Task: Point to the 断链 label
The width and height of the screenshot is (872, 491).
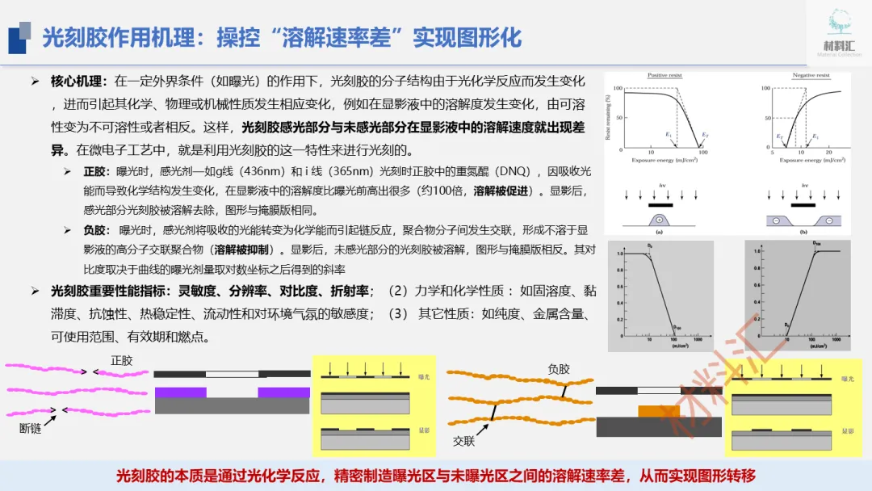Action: [31, 429]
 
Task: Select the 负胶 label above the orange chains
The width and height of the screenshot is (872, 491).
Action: [559, 369]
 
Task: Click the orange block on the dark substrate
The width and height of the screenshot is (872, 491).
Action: [659, 411]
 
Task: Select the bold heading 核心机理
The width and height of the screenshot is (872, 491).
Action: [78, 82]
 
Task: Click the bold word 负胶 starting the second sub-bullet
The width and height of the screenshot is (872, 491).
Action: [94, 230]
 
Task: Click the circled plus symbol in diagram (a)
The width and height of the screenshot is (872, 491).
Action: [660, 220]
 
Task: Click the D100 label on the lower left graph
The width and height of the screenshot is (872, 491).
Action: [676, 326]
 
